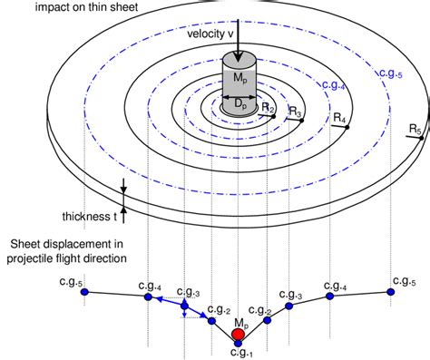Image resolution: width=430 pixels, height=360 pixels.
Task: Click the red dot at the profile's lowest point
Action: (239, 335)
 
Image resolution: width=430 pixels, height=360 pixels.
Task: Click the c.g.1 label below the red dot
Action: (239, 352)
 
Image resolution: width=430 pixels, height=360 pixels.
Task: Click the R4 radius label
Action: (339, 118)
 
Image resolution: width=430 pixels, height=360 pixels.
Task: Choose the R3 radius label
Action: (294, 112)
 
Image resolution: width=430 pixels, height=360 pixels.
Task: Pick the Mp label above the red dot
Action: (240, 322)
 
